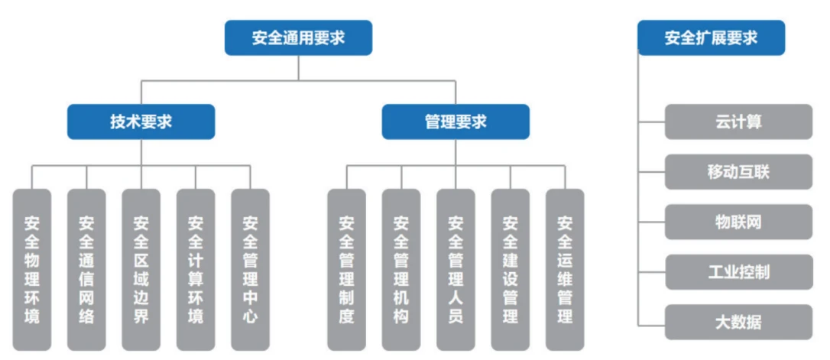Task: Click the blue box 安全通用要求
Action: click(x=298, y=37)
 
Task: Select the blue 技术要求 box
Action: click(x=141, y=122)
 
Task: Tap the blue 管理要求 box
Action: click(x=456, y=122)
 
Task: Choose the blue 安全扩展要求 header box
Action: click(x=711, y=37)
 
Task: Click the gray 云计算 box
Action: click(x=738, y=122)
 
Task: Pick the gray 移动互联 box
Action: click(x=738, y=172)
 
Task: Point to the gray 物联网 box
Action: click(x=738, y=222)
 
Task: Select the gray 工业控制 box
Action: click(x=738, y=272)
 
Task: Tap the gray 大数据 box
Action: click(x=738, y=322)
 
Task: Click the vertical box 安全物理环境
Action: click(x=32, y=270)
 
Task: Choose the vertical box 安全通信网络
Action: click(x=86, y=270)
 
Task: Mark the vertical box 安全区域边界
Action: click(x=141, y=270)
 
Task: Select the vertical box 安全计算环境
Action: click(x=196, y=270)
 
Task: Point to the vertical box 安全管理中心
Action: click(x=251, y=270)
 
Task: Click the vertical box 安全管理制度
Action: click(x=347, y=270)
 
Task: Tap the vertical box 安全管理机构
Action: click(x=401, y=270)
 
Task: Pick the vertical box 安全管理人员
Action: click(x=456, y=270)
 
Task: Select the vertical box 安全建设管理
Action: click(x=511, y=270)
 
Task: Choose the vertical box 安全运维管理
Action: click(x=565, y=270)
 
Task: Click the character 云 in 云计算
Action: click(x=722, y=122)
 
